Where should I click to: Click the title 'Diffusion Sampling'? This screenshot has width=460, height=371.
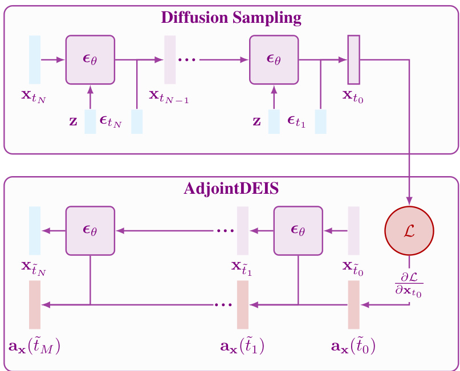(x=231, y=17)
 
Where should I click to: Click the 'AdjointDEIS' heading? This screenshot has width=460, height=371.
(x=231, y=189)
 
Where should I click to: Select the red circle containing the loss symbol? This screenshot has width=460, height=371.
(x=410, y=231)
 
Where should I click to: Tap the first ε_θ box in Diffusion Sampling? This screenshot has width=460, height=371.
(x=90, y=59)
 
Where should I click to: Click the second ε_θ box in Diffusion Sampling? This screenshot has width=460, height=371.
(x=274, y=59)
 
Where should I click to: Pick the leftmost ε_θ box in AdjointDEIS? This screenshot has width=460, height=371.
(x=90, y=231)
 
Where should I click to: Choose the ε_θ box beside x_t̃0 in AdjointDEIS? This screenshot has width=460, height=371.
(x=298, y=231)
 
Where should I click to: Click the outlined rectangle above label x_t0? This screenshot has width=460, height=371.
(x=353, y=59)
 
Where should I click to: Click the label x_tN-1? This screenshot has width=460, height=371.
(x=169, y=96)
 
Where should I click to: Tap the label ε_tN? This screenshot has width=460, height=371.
(x=111, y=121)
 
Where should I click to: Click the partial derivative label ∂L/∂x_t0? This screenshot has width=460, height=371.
(x=409, y=283)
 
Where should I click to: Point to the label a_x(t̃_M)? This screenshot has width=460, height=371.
(x=35, y=345)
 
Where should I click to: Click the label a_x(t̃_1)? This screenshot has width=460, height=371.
(x=242, y=345)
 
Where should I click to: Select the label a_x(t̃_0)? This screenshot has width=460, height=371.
(x=353, y=345)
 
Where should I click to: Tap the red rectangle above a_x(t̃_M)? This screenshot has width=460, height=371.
(x=35, y=305)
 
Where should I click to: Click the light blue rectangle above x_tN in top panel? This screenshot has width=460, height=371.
(x=35, y=59)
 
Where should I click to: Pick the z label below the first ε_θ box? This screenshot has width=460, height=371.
(x=73, y=122)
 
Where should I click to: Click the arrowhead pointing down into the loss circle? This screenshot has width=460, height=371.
(x=410, y=201)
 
